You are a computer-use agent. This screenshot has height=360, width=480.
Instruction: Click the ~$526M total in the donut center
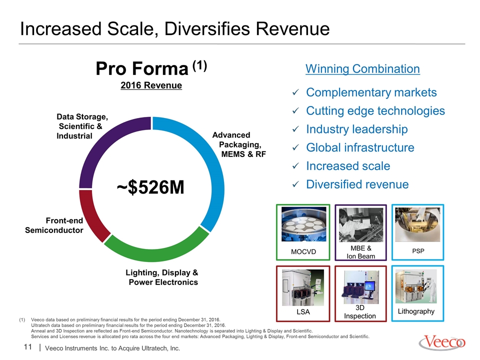click(x=150, y=187)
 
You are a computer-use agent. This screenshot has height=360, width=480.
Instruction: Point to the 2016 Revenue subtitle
click(x=151, y=85)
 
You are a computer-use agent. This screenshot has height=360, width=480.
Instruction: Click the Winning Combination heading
click(x=362, y=68)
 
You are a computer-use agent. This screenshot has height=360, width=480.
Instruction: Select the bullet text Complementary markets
click(x=371, y=93)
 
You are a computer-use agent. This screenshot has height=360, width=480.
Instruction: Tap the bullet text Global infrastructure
click(x=360, y=148)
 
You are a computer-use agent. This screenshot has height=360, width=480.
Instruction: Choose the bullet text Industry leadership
click(x=356, y=129)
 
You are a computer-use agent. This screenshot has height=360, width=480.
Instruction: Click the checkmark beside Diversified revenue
click(x=295, y=185)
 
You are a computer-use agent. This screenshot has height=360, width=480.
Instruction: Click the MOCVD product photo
click(x=303, y=225)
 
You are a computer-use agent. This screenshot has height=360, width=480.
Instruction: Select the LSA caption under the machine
click(x=303, y=312)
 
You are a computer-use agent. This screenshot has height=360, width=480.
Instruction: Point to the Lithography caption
click(x=416, y=311)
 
